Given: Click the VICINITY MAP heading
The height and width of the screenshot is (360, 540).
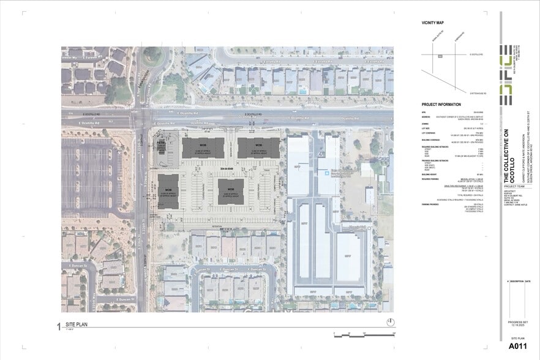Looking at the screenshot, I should point(432,23).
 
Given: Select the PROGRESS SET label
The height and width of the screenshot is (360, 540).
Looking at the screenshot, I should point(517,321).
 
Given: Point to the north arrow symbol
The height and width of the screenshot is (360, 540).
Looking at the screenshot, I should point(390,323).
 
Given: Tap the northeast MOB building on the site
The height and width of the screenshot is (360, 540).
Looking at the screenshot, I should point(258,148).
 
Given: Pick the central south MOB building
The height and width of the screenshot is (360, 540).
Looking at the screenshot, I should point(231,191).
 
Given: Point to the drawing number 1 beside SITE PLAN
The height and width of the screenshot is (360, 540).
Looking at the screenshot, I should point(59,326).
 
